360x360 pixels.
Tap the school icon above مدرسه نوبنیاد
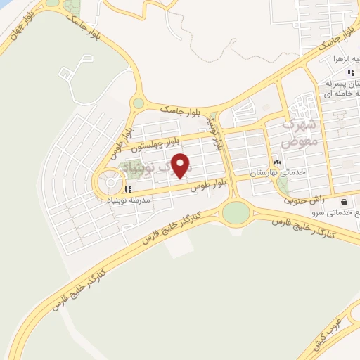click(x=127, y=188)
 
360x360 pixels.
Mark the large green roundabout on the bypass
click(x=236, y=211)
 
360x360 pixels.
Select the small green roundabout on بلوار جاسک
click(x=139, y=103)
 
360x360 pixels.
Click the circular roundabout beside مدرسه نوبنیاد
click(x=110, y=185)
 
